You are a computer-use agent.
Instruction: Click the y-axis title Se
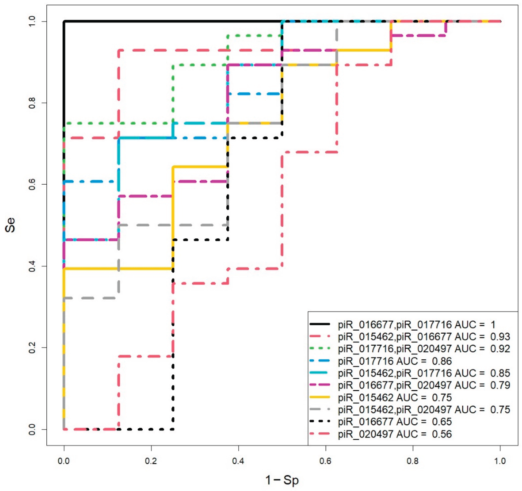pyautogui.click(x=11, y=225)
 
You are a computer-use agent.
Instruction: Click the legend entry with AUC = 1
pyautogui.click(x=416, y=325)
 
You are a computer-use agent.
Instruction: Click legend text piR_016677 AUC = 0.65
pyautogui.click(x=395, y=421)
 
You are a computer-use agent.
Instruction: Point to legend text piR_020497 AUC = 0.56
pyautogui.click(x=395, y=434)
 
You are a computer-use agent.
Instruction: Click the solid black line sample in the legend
pyautogui.click(x=320, y=325)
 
